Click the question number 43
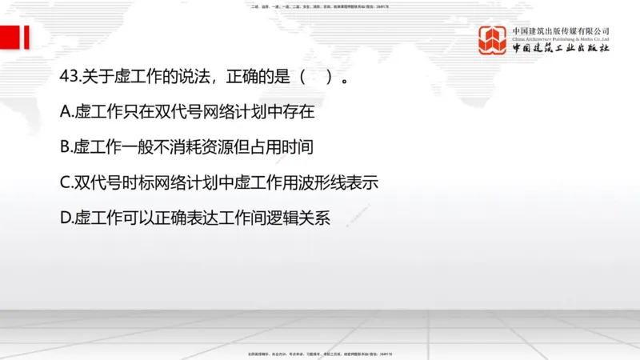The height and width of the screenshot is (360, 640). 69,78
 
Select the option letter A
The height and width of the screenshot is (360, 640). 66,113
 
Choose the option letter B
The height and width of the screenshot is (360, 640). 66,148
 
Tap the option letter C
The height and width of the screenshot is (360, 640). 66,182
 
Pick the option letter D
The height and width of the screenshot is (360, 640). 66,218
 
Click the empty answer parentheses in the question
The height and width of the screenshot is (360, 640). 316,78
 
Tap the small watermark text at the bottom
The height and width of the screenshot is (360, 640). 320,354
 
